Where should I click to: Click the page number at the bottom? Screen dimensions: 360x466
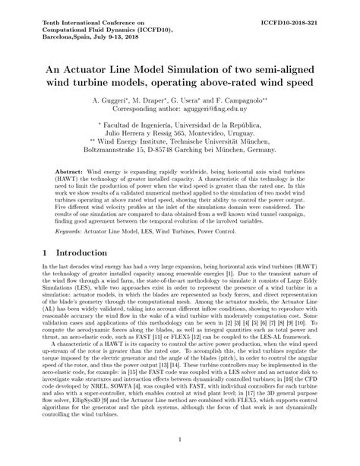(x=180, y=439)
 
